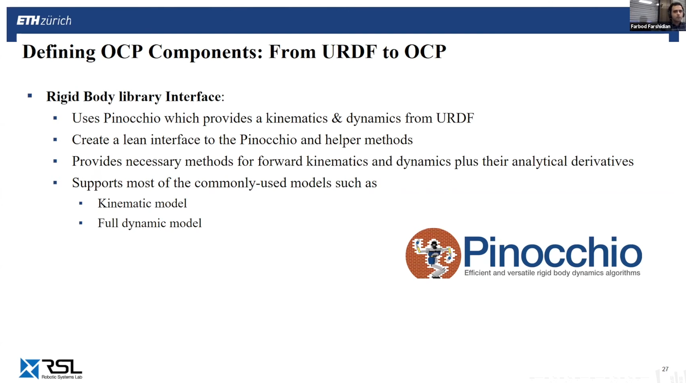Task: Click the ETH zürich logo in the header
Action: click(x=44, y=21)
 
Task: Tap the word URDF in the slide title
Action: click(x=349, y=52)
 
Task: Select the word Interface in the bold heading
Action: click(x=193, y=96)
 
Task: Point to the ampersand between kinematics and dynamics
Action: click(x=336, y=118)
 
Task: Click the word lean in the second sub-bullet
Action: click(x=135, y=140)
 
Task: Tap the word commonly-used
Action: click(x=241, y=183)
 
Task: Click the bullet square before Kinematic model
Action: click(x=81, y=203)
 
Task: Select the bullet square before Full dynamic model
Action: click(x=81, y=223)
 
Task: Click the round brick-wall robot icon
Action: click(x=433, y=253)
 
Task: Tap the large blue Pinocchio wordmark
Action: click(x=553, y=251)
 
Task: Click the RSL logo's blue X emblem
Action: click(x=30, y=368)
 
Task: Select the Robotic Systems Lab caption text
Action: click(x=62, y=377)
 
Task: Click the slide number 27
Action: click(x=665, y=369)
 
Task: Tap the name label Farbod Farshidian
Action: click(x=650, y=27)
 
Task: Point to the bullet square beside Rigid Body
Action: click(x=30, y=96)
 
